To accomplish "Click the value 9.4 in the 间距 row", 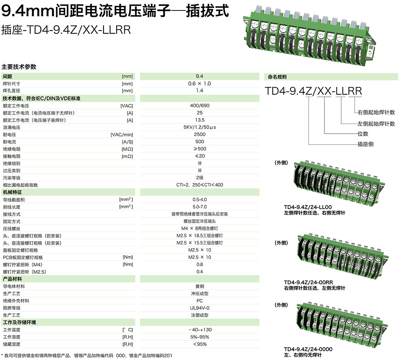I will click(x=199, y=76).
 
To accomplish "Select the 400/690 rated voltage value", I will click(x=199, y=106).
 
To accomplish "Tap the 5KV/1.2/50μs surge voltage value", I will click(x=199, y=127).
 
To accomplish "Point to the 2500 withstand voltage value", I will click(x=199, y=134).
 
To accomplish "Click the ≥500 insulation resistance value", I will click(x=199, y=149).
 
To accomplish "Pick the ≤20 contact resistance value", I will click(x=199, y=156).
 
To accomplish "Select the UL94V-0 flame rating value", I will click(x=199, y=308).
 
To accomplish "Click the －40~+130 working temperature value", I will click(x=199, y=329).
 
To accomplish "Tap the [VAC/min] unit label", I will click(x=122, y=134).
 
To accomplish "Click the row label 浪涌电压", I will click(x=12, y=127).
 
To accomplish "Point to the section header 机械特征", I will click(x=12, y=192).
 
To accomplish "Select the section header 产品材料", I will click(x=12, y=279).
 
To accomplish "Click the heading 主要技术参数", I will click(x=19, y=67).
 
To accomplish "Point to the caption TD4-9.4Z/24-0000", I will click(x=308, y=349).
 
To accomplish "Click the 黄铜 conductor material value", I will click(x=199, y=286).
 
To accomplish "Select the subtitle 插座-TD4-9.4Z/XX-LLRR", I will click(x=66, y=31).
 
